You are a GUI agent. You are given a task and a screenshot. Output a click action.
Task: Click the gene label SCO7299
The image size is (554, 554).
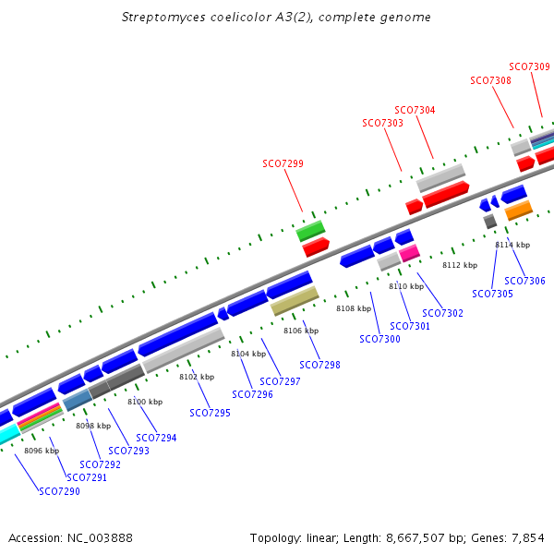[x=283, y=163]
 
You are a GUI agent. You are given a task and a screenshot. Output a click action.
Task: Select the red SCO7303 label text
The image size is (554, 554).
[x=382, y=123]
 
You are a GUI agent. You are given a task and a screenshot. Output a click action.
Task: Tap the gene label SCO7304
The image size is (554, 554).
[x=415, y=110]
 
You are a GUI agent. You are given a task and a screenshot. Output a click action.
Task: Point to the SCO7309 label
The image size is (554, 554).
[x=529, y=66]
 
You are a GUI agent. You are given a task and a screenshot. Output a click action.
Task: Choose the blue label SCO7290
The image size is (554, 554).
[x=59, y=491]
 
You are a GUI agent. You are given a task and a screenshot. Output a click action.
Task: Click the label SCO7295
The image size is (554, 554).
[x=210, y=413]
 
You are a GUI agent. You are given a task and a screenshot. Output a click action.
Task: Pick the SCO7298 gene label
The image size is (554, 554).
[x=319, y=365]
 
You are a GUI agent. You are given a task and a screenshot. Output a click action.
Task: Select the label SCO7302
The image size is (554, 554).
[x=442, y=313]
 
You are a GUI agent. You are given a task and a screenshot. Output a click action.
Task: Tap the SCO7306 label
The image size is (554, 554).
[x=524, y=281]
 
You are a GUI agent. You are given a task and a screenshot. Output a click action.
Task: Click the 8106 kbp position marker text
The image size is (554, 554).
[x=300, y=331]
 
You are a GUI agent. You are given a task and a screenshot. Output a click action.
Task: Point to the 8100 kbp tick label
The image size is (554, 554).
[x=144, y=402]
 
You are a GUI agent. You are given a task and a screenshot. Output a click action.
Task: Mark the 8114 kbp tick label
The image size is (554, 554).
[x=512, y=245]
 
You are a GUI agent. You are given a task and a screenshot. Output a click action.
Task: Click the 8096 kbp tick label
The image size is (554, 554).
[x=41, y=451]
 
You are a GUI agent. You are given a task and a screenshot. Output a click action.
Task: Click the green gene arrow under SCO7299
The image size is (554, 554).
[x=310, y=230]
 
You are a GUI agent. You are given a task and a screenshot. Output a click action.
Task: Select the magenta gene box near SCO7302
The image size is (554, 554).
[x=409, y=252]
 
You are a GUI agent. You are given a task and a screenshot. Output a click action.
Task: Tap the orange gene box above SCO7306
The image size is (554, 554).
[x=518, y=211]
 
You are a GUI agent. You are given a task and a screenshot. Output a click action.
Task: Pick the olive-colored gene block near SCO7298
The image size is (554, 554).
[x=295, y=300]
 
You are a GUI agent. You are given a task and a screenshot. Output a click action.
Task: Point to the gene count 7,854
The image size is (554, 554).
[x=527, y=537]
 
